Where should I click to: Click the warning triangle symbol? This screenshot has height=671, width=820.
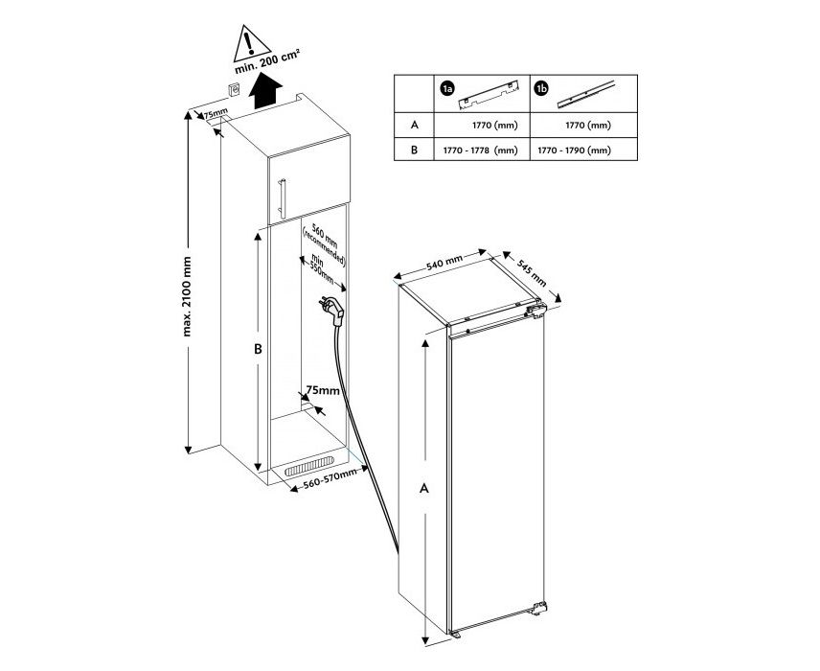pos(249,42)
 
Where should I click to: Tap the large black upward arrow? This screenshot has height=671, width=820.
pos(265,90)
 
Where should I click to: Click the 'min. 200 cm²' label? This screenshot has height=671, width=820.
pos(266,61)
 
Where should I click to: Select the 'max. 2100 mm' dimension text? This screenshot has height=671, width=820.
pos(187,296)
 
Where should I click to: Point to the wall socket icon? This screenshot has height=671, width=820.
pos(234,90)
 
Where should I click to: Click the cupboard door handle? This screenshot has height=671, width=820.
pos(282,198)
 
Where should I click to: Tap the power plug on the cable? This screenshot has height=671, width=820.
pos(333,311)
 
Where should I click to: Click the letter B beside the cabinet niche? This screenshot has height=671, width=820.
pos(258,349)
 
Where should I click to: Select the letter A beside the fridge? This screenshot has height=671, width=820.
pos(424,488)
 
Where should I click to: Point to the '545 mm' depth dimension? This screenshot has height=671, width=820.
pos(532,272)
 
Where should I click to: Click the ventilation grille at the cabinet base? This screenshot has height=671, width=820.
pos(309,465)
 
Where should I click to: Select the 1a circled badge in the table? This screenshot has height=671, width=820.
pos(446,90)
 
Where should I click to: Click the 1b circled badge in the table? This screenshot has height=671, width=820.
pos(541,89)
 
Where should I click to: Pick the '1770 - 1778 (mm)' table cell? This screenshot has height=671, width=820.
pos(480,150)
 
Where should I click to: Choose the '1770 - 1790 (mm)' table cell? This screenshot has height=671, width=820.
pos(574,150)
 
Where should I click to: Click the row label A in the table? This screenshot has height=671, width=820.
pos(415,125)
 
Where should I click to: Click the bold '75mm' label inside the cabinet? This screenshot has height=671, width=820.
pos(323,390)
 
